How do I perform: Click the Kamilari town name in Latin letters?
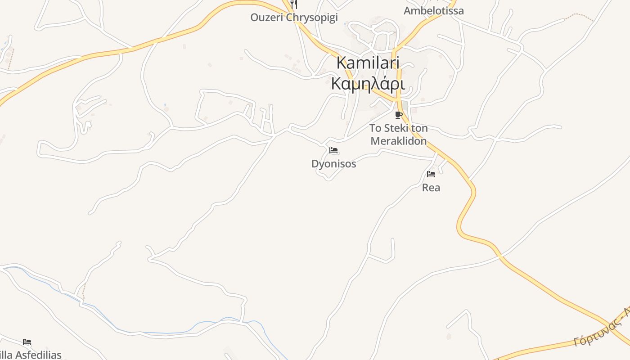(368, 63)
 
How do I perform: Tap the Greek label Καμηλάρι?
(368, 84)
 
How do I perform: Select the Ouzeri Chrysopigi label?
(294, 18)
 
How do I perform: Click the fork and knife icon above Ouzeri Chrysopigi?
(294, 4)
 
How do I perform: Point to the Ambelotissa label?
(433, 11)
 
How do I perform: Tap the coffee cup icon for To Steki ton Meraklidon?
(398, 115)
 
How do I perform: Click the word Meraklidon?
(398, 141)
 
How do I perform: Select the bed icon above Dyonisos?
(333, 150)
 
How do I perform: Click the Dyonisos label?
(333, 164)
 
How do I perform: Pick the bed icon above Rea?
(431, 174)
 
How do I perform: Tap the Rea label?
(431, 188)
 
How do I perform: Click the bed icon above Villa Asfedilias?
(27, 342)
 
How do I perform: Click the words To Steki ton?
(398, 128)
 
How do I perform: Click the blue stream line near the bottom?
(157, 333)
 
